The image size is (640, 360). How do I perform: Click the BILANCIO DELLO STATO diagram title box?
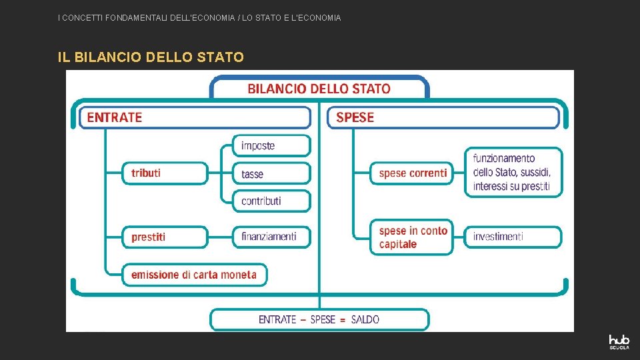(x=319, y=88)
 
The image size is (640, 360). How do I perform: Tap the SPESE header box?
(x=443, y=117)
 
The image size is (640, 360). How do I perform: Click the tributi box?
(x=165, y=173)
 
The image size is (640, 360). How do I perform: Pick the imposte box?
(x=271, y=145)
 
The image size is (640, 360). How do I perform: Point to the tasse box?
(x=271, y=173)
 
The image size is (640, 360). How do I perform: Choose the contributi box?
(x=271, y=201)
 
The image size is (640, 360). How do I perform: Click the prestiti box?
(x=165, y=237)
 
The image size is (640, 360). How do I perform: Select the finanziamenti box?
(x=271, y=237)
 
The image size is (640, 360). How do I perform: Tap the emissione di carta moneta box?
(x=193, y=274)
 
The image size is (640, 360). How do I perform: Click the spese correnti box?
(x=413, y=173)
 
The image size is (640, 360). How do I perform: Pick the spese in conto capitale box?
(x=413, y=237)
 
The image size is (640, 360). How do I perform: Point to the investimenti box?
(x=513, y=237)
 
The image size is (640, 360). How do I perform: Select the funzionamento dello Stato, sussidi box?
(x=513, y=172)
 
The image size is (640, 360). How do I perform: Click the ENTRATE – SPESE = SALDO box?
(x=319, y=319)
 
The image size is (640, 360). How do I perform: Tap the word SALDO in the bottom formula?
(x=365, y=319)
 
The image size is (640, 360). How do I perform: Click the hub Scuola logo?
(x=619, y=342)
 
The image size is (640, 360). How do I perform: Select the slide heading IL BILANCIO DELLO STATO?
(x=151, y=57)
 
